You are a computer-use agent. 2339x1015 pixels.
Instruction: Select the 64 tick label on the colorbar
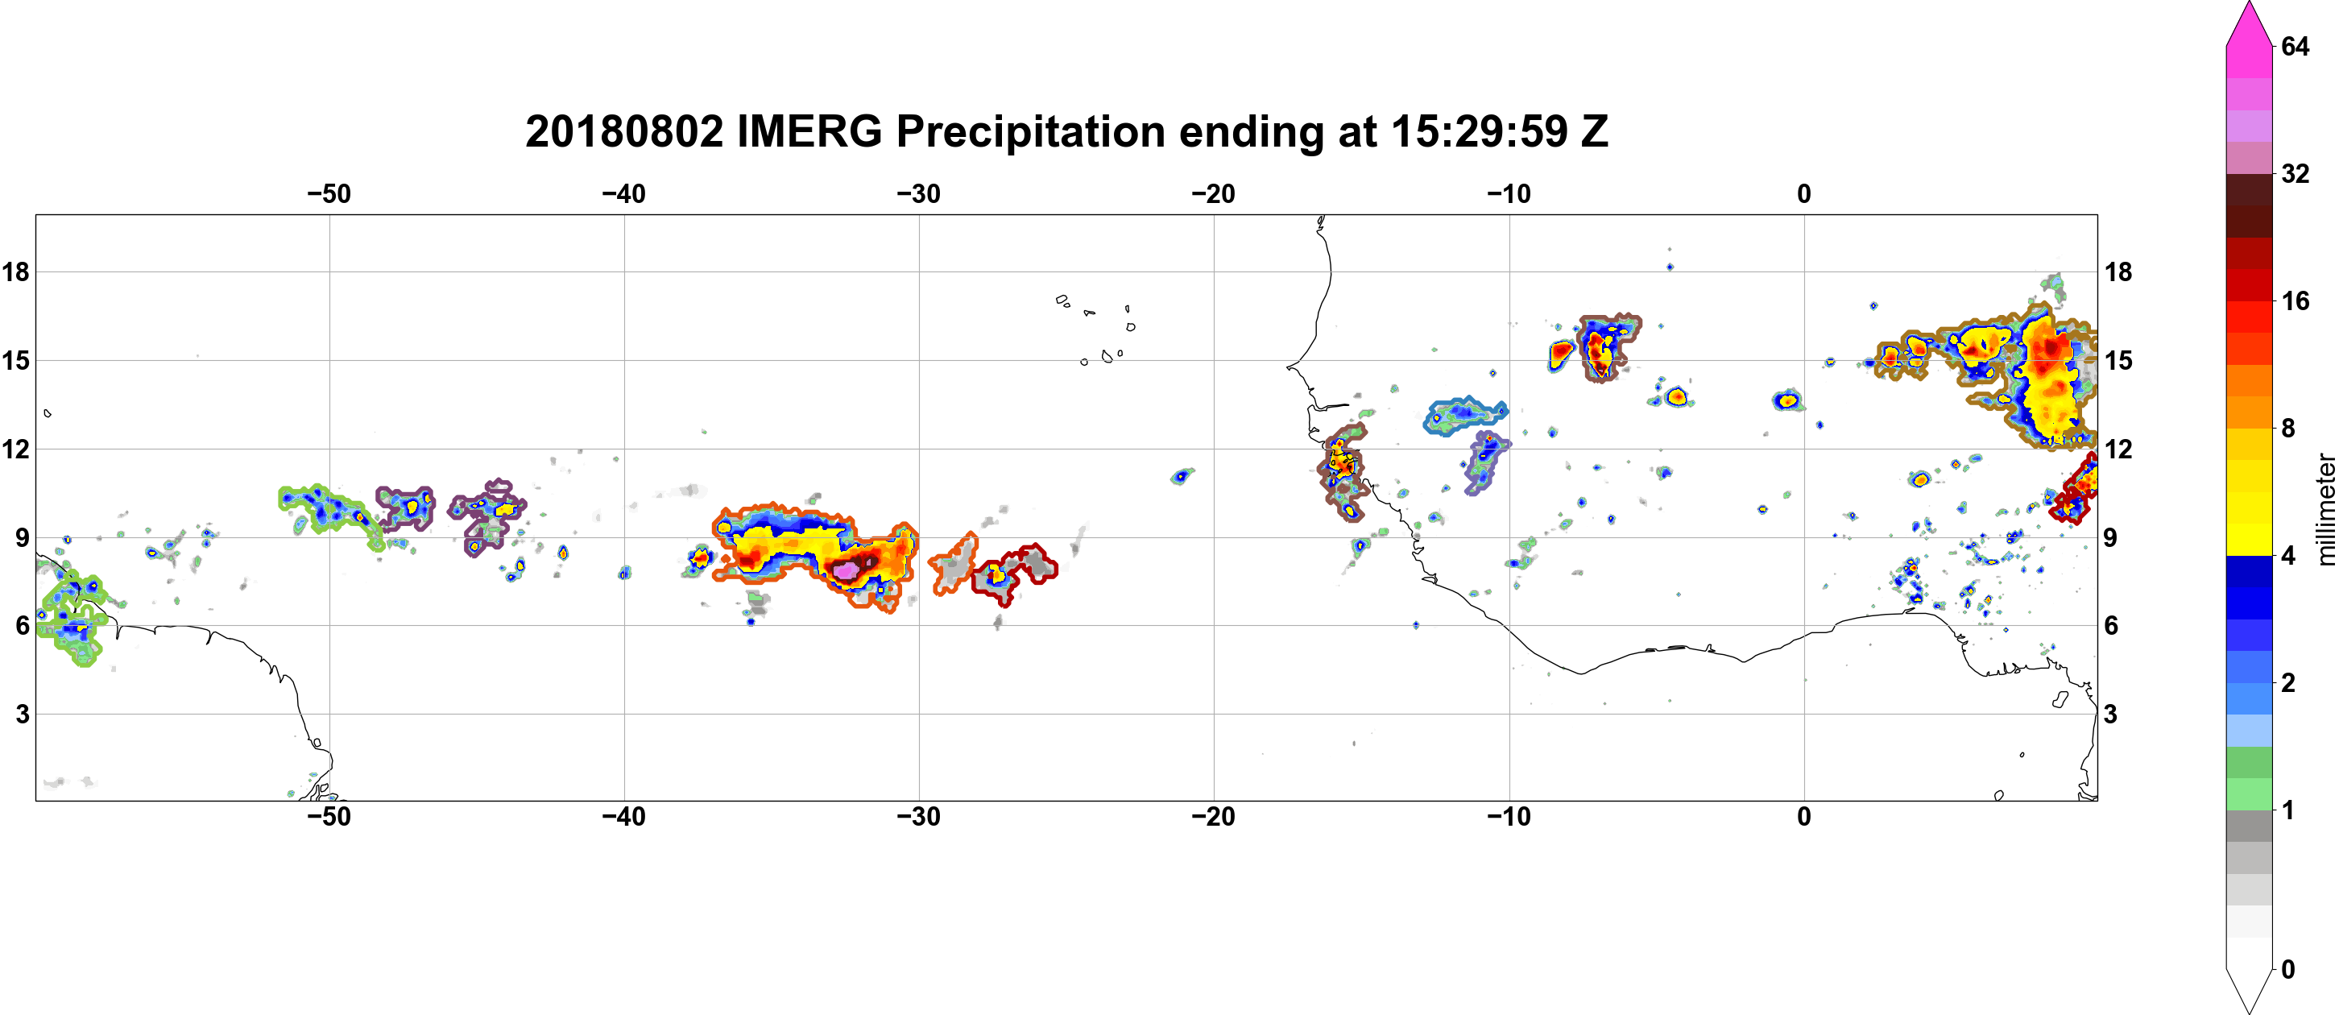2296,46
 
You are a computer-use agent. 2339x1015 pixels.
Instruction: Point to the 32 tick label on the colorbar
2296,173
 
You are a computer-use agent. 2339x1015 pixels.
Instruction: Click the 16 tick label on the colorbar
2296,300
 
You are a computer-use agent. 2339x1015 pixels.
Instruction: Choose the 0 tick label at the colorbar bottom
2288,970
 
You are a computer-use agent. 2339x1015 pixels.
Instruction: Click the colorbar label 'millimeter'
2325,509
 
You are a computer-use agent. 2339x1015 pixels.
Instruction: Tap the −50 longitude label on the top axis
329,193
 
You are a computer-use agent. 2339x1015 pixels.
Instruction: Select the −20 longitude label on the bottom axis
1213,816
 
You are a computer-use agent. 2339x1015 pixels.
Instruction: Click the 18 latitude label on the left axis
15,271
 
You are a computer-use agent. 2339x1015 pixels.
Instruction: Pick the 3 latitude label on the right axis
2110,714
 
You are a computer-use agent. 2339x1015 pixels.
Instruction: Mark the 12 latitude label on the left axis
15,449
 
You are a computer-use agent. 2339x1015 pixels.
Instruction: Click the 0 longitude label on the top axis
1804,193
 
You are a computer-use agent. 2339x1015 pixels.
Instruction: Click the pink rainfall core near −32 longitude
847,570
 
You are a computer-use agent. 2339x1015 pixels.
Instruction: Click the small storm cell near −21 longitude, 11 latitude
1182,474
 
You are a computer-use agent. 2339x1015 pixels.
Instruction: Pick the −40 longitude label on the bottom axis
623,816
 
